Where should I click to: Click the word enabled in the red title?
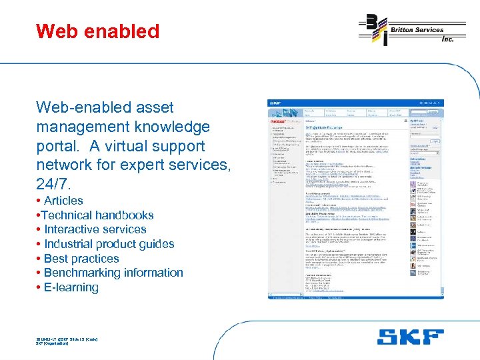[122, 31]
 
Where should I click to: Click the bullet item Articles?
[63, 201]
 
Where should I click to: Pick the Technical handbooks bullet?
[97, 215]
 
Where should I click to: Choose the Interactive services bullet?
[95, 229]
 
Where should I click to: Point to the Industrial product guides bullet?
[109, 244]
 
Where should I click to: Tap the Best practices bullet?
[81, 259]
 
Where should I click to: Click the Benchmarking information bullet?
[113, 273]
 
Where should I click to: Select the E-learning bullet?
[71, 288]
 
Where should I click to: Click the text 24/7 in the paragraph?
[53, 183]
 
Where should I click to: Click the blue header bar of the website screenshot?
[355, 103]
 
